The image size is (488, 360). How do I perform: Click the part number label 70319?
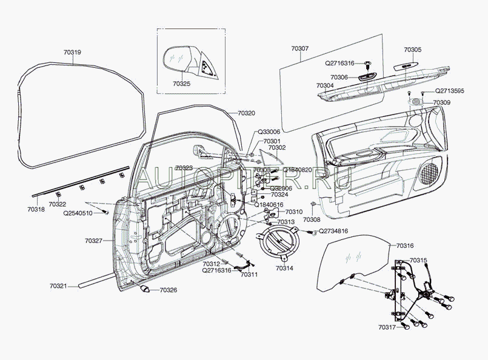point(72,53)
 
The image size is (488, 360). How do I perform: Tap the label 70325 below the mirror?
point(180,84)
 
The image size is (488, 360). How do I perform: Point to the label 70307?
point(300,48)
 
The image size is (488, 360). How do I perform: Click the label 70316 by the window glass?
point(406,245)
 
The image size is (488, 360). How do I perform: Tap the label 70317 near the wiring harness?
point(387,327)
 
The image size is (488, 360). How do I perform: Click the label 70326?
point(169,290)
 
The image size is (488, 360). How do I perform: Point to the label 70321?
point(59,285)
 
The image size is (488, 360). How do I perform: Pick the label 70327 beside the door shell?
point(94,241)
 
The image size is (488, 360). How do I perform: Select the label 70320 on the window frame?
point(246,113)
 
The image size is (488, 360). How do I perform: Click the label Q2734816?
point(333,232)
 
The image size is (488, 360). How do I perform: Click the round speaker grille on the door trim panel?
point(430,173)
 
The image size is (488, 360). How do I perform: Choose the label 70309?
point(442,103)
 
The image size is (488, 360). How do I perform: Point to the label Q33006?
point(269,132)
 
